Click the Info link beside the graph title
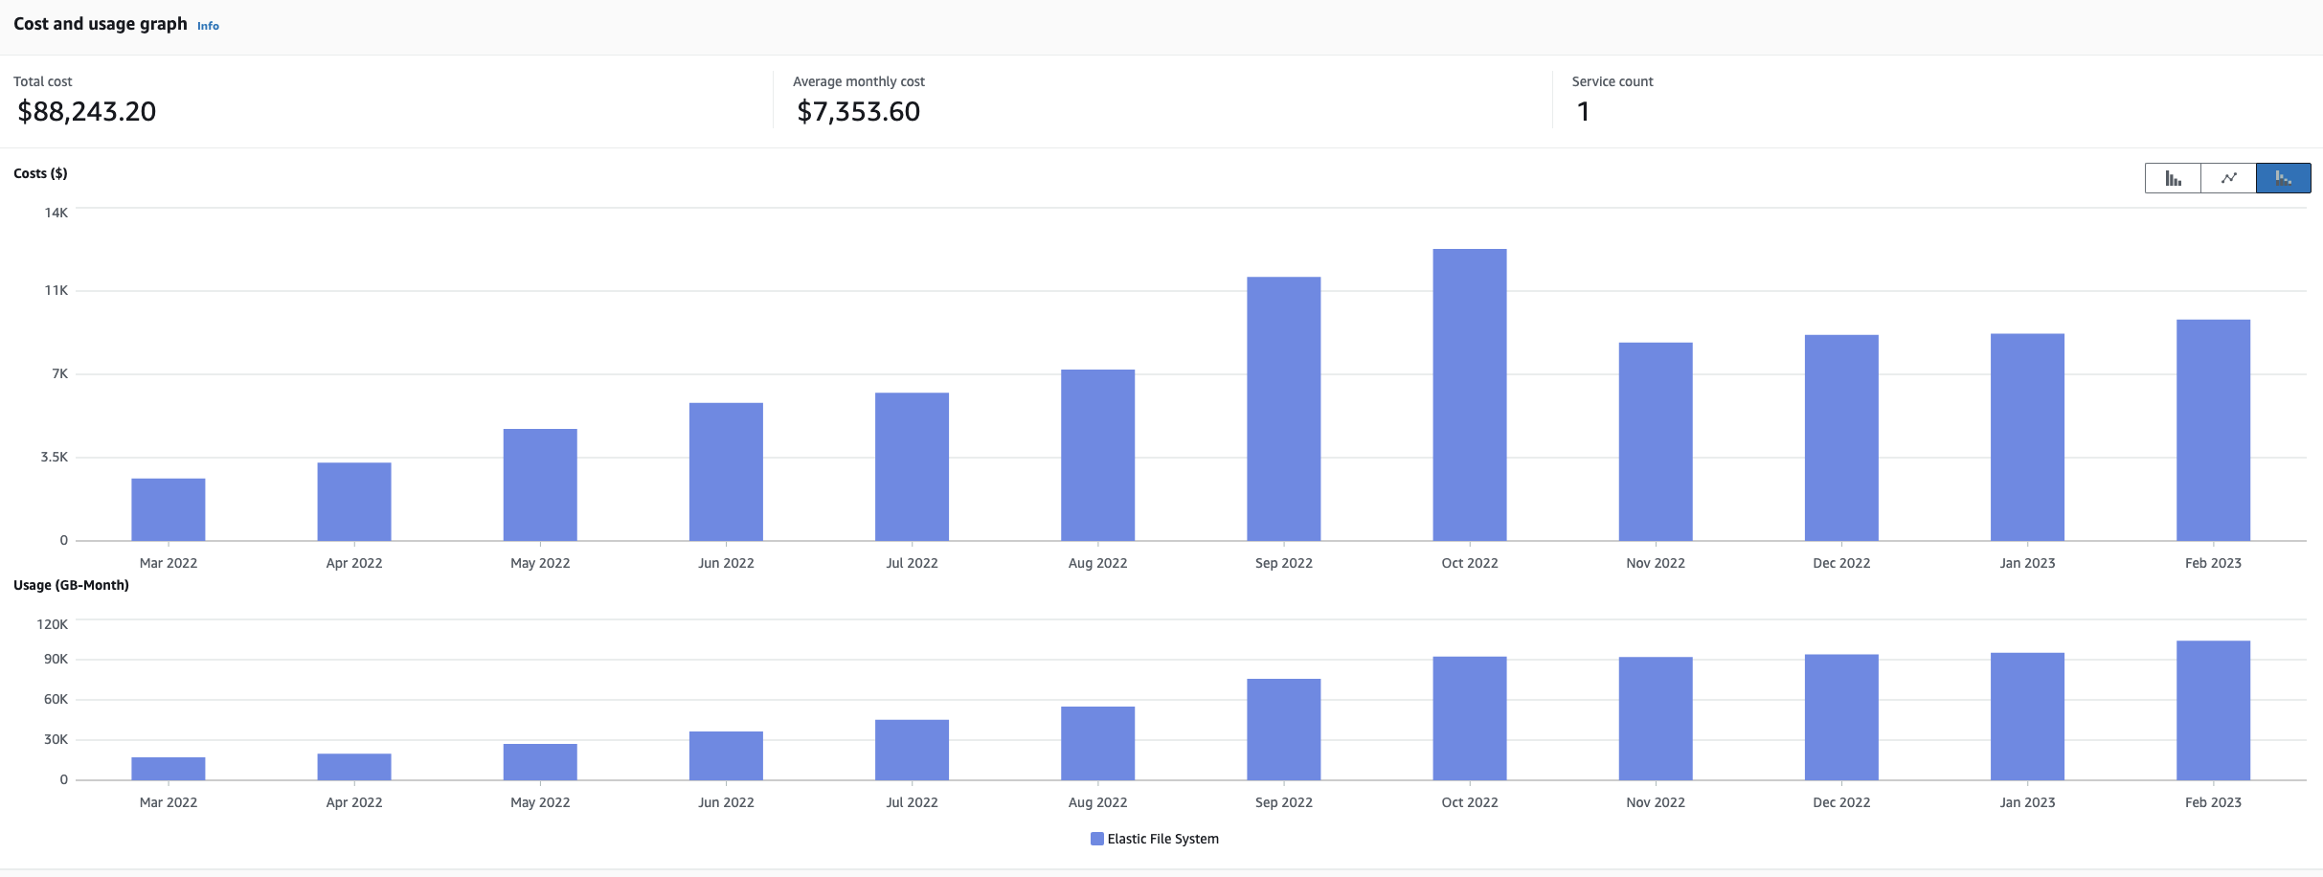click(x=208, y=26)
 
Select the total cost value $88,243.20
click(x=87, y=112)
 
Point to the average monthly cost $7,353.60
click(x=858, y=112)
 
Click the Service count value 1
click(x=1583, y=112)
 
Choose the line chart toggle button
click(x=2228, y=178)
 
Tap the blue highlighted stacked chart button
click(x=2283, y=178)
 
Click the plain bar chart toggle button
click(x=2173, y=178)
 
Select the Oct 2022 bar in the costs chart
click(x=1469, y=394)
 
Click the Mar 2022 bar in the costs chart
click(x=169, y=509)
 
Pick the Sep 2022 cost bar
click(x=1283, y=409)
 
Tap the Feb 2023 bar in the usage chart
click(x=2213, y=710)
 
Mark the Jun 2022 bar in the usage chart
click(x=726, y=755)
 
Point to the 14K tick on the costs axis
click(x=56, y=213)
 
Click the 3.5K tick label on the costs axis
click(x=55, y=457)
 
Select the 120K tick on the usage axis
click(x=53, y=624)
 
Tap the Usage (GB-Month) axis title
click(x=71, y=585)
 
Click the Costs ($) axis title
click(x=40, y=173)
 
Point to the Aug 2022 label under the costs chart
click(x=1097, y=563)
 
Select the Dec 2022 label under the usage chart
click(x=1840, y=802)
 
